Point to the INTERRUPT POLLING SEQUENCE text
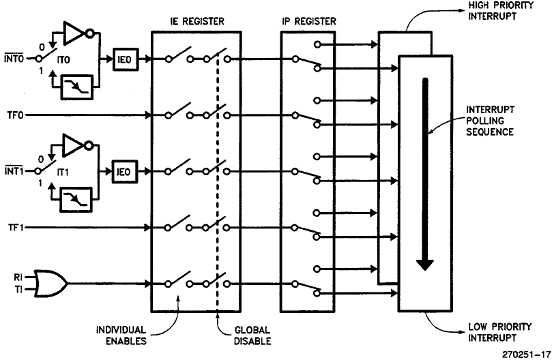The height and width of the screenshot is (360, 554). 489,121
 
